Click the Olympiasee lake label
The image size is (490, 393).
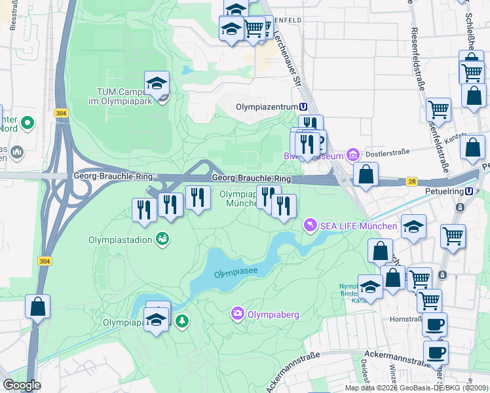pos(235,272)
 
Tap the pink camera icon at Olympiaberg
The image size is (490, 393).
pos(237,314)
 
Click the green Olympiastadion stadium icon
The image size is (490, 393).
pos(162,240)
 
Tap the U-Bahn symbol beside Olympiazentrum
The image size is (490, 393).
pos(303,107)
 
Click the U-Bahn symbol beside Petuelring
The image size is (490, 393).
pos(470,191)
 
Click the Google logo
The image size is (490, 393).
pos(22,385)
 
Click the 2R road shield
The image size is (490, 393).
pos(411,182)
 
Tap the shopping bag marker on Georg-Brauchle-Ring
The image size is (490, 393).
pos(366,174)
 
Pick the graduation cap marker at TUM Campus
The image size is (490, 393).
pos(157,83)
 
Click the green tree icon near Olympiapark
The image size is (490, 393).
pos(182,321)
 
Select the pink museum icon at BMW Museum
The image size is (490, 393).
pos(352,155)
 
